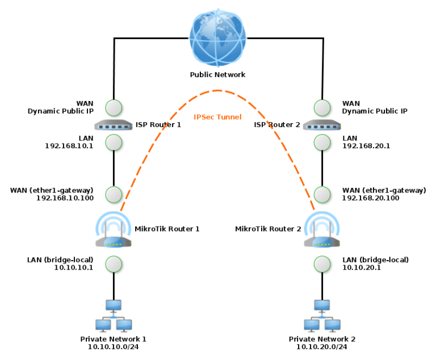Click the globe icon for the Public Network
point(218,39)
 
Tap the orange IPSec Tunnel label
point(217,117)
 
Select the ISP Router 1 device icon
point(114,124)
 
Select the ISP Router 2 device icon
point(322,124)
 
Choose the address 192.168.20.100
point(371,198)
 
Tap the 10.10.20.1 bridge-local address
point(362,267)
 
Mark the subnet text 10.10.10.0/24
point(114,347)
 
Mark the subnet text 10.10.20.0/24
point(322,347)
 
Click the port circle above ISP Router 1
point(114,107)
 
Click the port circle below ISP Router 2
point(322,142)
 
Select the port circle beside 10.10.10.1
point(114,264)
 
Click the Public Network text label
point(217,74)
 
